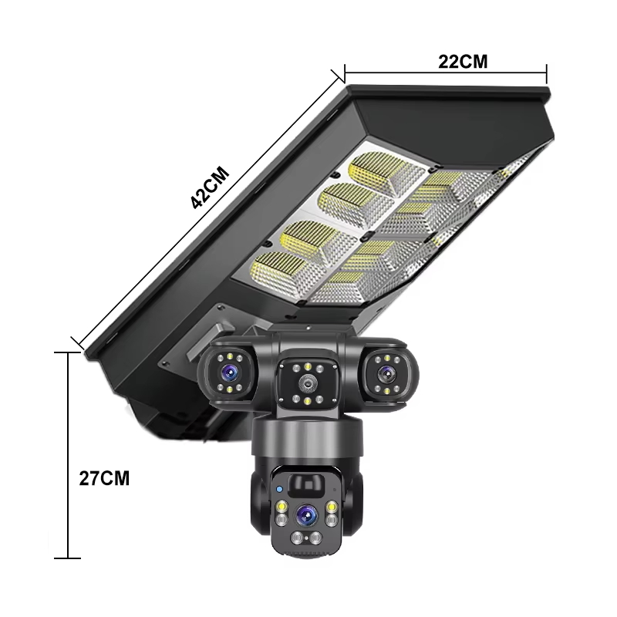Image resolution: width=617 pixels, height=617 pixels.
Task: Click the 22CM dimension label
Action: tap(463, 62)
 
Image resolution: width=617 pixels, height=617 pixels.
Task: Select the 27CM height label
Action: tap(104, 477)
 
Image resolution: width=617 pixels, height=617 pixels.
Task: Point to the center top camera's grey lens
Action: tap(307, 383)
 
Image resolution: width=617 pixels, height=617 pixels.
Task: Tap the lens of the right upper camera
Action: tap(385, 372)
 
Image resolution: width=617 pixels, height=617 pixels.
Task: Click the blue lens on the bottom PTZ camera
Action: tap(308, 512)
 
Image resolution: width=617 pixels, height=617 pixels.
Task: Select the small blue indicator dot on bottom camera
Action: tap(278, 489)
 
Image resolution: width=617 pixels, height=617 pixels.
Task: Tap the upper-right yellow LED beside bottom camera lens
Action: tap(332, 507)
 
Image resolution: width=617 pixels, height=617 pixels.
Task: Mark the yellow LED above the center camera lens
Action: tap(307, 366)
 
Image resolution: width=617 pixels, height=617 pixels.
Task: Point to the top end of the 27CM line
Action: tap(69, 352)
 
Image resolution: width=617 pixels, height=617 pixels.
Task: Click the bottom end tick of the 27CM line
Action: tap(69, 558)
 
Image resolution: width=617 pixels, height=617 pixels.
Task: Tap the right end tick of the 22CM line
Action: tap(547, 73)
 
